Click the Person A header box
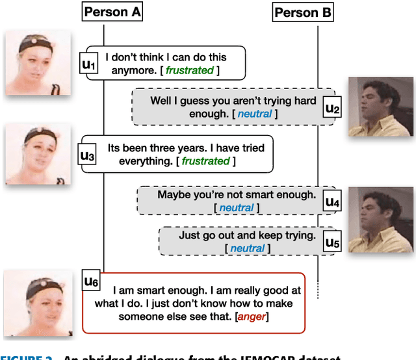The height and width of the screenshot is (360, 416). point(112,12)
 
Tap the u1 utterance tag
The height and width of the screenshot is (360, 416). point(88,64)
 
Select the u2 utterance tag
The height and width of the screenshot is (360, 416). point(332,107)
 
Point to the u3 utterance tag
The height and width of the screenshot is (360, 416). point(86,155)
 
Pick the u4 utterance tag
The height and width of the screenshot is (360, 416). point(332,201)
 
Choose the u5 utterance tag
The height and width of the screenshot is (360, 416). point(332,242)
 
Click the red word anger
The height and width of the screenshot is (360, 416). point(252,316)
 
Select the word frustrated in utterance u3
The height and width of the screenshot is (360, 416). point(205,161)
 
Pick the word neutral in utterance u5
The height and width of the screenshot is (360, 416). point(248,248)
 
